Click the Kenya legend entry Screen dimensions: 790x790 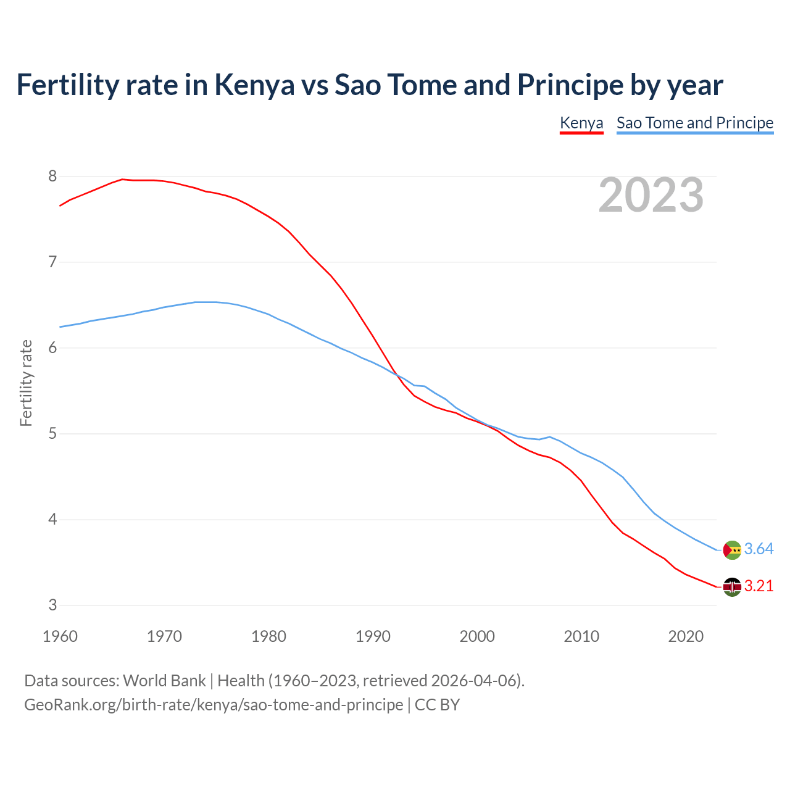click(581, 123)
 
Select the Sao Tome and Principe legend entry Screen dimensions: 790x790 click(695, 123)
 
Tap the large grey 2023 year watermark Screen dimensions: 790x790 click(651, 195)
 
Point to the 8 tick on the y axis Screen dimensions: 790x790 click(52, 177)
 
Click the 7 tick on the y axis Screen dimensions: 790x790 click(52, 262)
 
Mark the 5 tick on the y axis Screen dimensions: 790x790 click(52, 434)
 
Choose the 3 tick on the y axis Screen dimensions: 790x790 click(52, 605)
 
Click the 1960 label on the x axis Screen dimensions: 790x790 click(60, 636)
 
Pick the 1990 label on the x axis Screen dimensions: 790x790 click(373, 636)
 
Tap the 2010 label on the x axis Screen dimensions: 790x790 click(581, 636)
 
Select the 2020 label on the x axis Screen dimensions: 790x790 click(686, 636)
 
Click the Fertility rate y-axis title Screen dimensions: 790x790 click(26, 383)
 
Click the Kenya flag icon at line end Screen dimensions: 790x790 click(732, 587)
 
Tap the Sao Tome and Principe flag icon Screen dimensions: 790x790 click(732, 549)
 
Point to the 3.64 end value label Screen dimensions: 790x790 click(759, 549)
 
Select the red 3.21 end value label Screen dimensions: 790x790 click(759, 586)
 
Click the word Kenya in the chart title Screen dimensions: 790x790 click(254, 85)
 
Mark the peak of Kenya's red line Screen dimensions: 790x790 click(122, 179)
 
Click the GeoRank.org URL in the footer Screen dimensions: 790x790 click(214, 705)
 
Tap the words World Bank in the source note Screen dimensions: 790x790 click(164, 681)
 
